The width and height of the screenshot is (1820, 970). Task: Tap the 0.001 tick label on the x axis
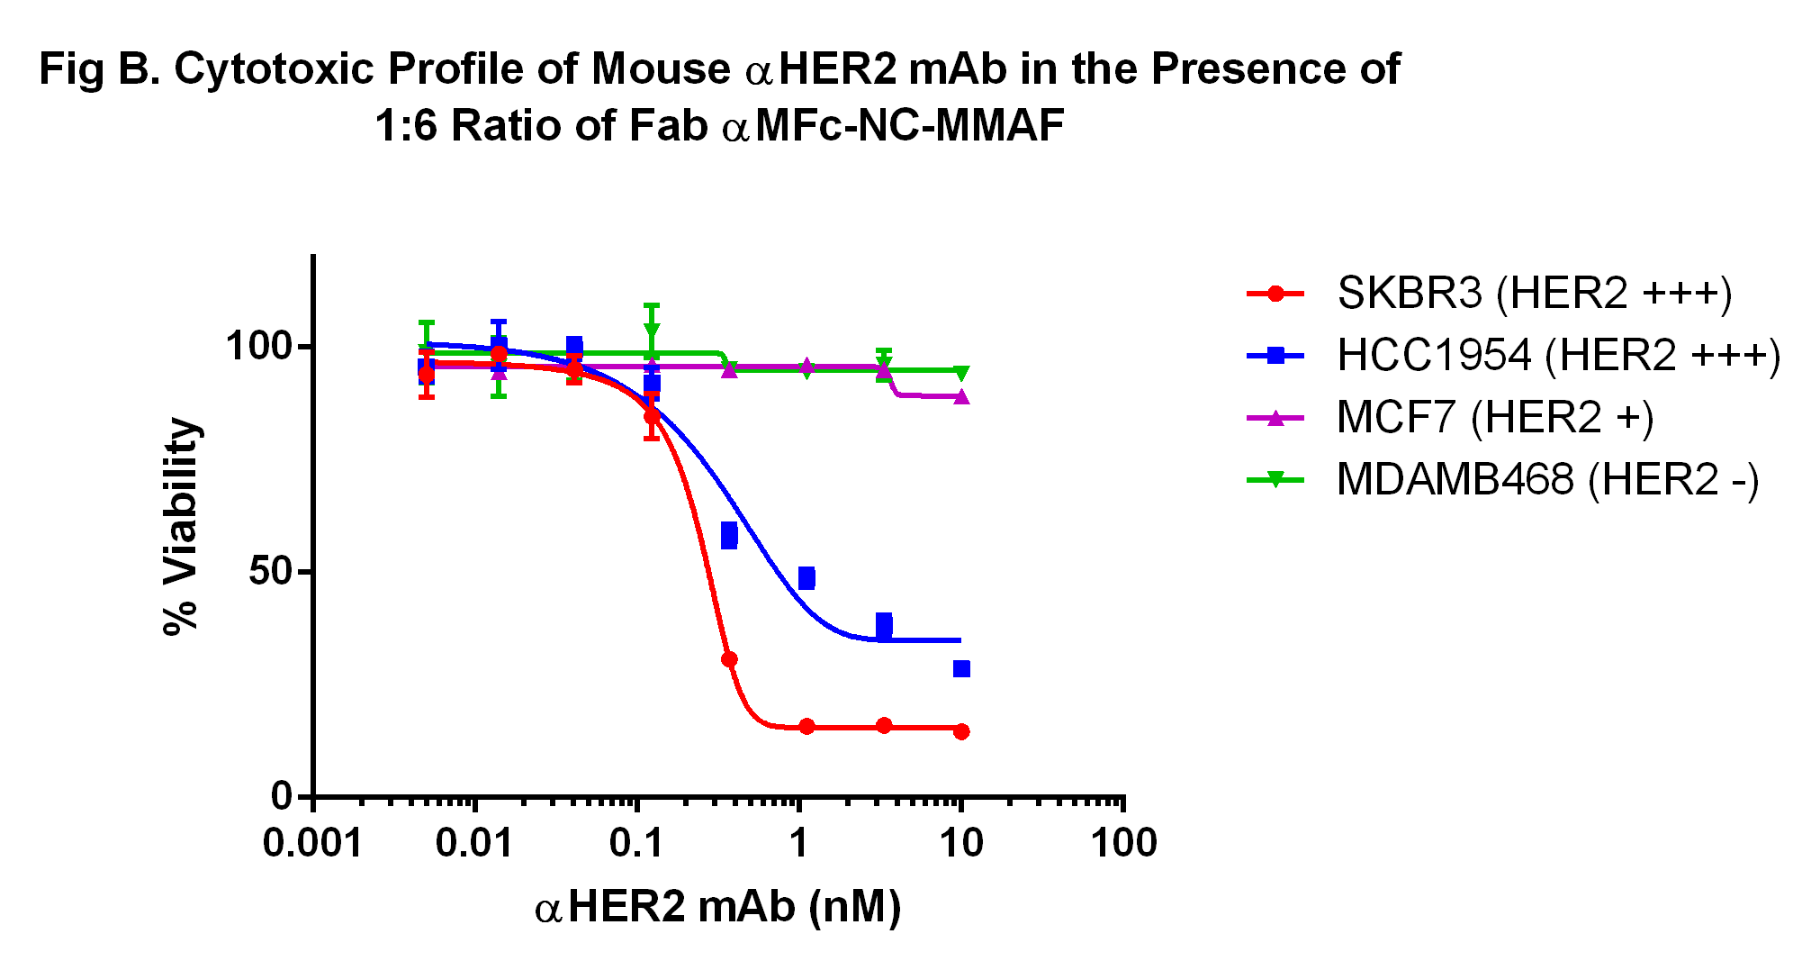[312, 844]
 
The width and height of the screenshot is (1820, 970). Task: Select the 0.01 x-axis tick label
[473, 844]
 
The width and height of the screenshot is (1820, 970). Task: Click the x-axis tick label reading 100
[1123, 844]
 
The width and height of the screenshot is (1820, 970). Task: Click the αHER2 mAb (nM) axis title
[718, 907]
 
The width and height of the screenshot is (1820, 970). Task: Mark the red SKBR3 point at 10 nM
[961, 731]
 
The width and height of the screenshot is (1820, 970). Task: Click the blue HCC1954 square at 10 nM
[961, 668]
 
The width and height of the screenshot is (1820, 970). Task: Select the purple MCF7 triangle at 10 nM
[961, 397]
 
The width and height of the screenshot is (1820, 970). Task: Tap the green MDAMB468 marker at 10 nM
[961, 373]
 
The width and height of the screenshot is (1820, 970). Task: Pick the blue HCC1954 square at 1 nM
[806, 578]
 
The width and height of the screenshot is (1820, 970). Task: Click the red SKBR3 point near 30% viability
[729, 659]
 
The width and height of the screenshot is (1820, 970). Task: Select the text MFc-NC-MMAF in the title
[910, 125]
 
